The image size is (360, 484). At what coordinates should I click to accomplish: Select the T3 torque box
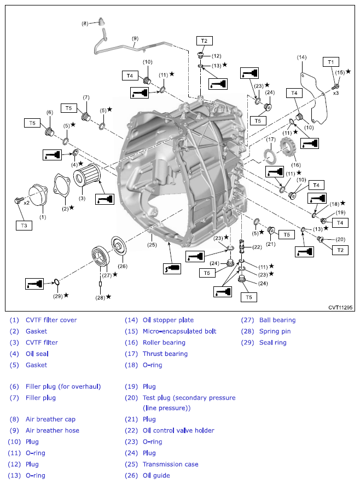pyautogui.click(x=24, y=224)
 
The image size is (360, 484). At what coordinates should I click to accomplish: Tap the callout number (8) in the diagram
pyautogui.click(x=85, y=23)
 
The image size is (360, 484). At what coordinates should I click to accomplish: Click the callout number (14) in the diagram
pyautogui.click(x=301, y=57)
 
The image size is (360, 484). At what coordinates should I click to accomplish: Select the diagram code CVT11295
pyautogui.click(x=339, y=308)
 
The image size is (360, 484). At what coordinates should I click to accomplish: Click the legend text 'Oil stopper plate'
pyautogui.click(x=168, y=320)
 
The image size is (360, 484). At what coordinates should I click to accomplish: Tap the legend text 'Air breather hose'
pyautogui.click(x=52, y=430)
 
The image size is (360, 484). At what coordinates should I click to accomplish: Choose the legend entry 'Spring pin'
pyautogui.click(x=275, y=331)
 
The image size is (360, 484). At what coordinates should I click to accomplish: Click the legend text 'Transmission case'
pyautogui.click(x=170, y=464)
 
